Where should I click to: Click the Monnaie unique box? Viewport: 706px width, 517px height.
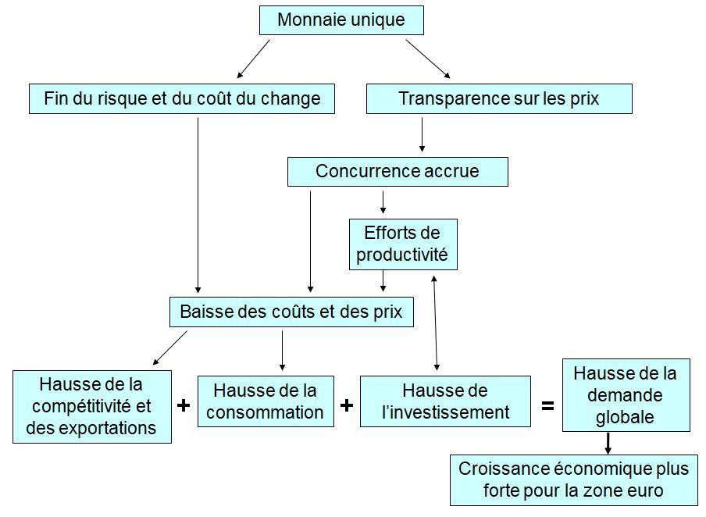[x=341, y=20]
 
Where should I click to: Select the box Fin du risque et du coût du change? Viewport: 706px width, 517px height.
[x=182, y=98]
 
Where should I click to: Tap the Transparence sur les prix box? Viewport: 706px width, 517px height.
[x=499, y=98]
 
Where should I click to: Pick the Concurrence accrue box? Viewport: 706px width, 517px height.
[x=398, y=172]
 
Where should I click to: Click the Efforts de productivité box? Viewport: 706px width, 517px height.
[x=403, y=244]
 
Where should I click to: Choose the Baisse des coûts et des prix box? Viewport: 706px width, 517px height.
[x=291, y=312]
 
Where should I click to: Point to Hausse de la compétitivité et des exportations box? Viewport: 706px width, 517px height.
[x=92, y=407]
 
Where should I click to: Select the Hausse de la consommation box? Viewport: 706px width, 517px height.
[x=266, y=401]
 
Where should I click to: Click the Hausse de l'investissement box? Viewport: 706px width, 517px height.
[x=445, y=401]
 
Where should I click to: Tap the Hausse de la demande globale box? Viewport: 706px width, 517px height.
[x=626, y=395]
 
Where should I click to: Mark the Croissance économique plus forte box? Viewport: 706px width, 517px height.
[x=573, y=480]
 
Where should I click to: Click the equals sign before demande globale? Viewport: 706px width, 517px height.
[x=547, y=406]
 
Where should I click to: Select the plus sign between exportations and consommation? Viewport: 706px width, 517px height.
[x=184, y=406]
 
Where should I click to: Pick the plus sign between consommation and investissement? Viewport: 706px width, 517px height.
[x=347, y=406]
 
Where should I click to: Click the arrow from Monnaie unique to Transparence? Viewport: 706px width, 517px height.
[x=428, y=59]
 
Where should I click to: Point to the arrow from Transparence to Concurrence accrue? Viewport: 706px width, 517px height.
[x=422, y=134]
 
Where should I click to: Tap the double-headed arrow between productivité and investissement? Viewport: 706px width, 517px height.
[x=436, y=323]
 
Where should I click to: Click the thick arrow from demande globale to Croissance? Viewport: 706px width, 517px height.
[x=608, y=444]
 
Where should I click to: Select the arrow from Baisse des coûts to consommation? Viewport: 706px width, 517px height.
[x=282, y=351]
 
